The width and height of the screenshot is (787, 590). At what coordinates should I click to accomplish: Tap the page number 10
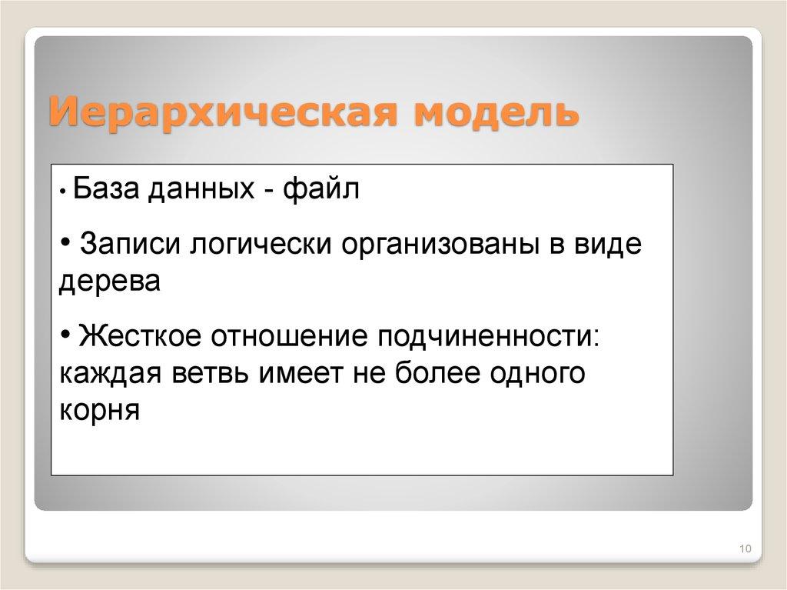point(744,548)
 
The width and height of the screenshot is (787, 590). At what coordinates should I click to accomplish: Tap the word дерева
point(109,281)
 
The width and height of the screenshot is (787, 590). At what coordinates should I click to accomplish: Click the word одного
point(539,374)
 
